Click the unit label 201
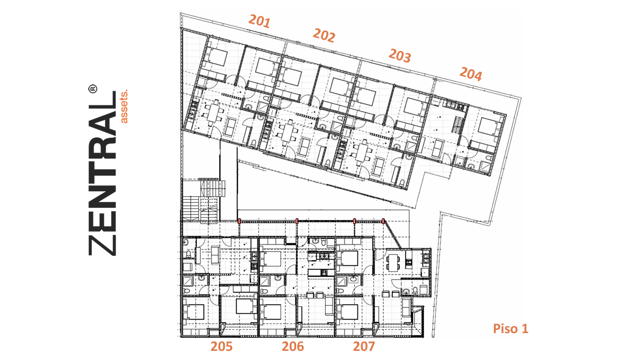[260, 21]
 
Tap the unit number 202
[324, 35]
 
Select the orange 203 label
[400, 56]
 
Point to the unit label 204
[471, 74]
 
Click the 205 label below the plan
[222, 347]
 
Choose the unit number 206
[293, 347]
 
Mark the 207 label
[364, 347]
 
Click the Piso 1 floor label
[511, 329]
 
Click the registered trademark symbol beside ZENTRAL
[93, 89]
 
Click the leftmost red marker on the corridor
[239, 221]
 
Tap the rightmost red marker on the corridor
[384, 221]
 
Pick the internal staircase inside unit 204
[458, 124]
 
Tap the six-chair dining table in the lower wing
[393, 262]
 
